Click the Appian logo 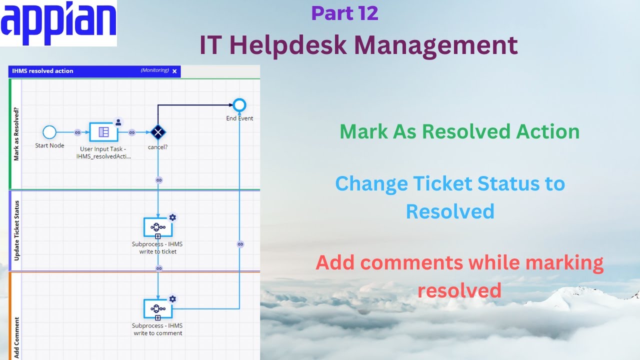[58, 23]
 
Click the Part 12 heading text [344, 13]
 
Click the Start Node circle [49, 132]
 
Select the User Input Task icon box [103, 132]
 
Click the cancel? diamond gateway [158, 132]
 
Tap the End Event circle [239, 105]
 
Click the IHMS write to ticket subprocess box [158, 227]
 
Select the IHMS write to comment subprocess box [158, 308]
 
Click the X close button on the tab [174, 71]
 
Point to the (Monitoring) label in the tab [154, 71]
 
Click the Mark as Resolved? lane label [16, 134]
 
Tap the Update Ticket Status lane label [16, 230]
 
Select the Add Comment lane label [16, 337]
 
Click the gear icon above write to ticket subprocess [172, 217]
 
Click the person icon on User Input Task [118, 122]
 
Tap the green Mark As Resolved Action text [459, 132]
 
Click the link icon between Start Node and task [77, 132]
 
